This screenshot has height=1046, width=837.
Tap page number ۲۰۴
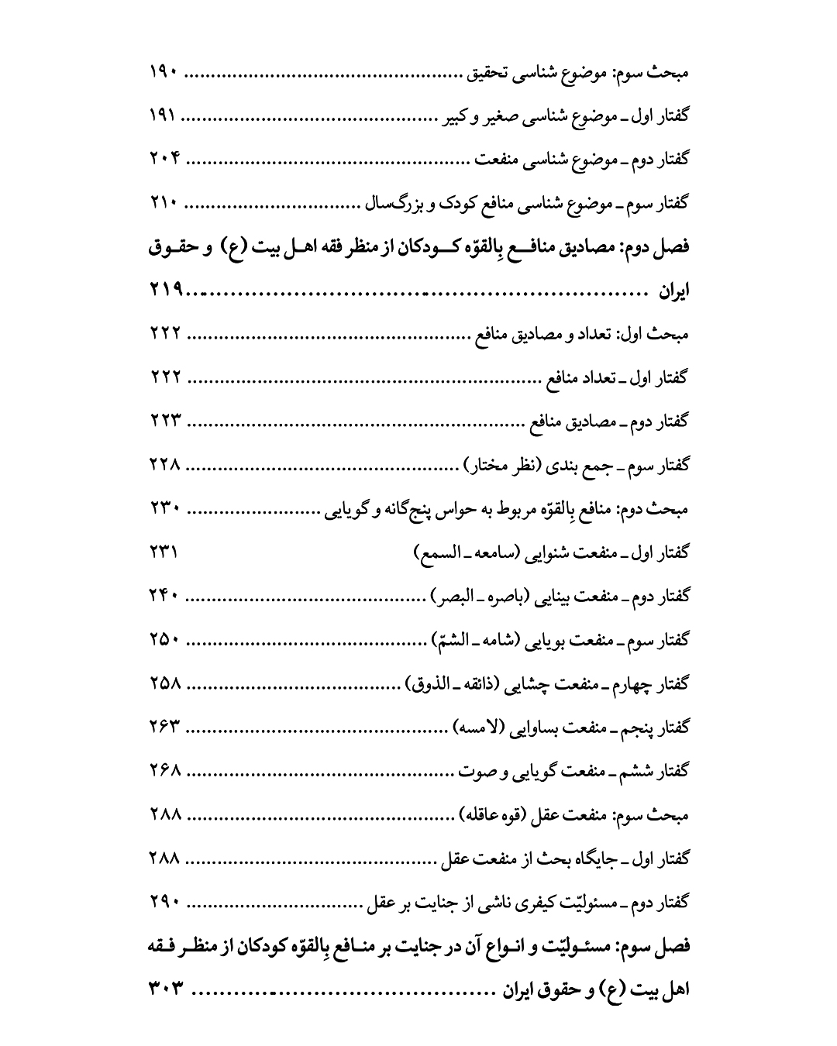tap(164, 162)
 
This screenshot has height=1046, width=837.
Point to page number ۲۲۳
tap(164, 422)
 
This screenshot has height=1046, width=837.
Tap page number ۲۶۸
tap(164, 771)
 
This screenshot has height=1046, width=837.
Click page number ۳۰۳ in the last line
tap(164, 989)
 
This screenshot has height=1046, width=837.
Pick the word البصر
tap(451, 597)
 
